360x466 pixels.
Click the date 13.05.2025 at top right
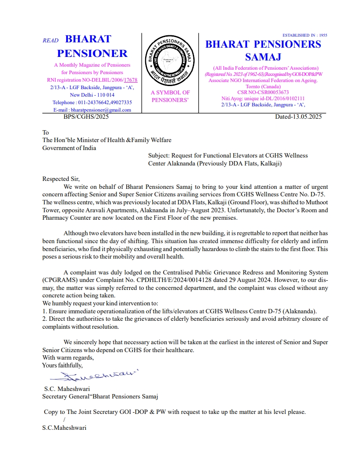(x=305, y=117)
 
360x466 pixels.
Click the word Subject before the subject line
(x=158, y=155)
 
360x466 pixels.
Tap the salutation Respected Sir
(x=61, y=179)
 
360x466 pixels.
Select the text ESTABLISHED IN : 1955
(x=305, y=35)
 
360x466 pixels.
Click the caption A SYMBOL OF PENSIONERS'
(x=170, y=96)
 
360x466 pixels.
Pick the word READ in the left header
(x=50, y=41)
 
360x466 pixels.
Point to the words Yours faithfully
(x=62, y=365)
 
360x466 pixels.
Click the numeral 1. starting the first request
(x=45, y=311)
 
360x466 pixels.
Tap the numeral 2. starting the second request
(x=45, y=319)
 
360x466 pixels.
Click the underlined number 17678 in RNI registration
(x=131, y=80)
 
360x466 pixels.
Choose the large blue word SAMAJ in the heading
(x=263, y=57)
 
